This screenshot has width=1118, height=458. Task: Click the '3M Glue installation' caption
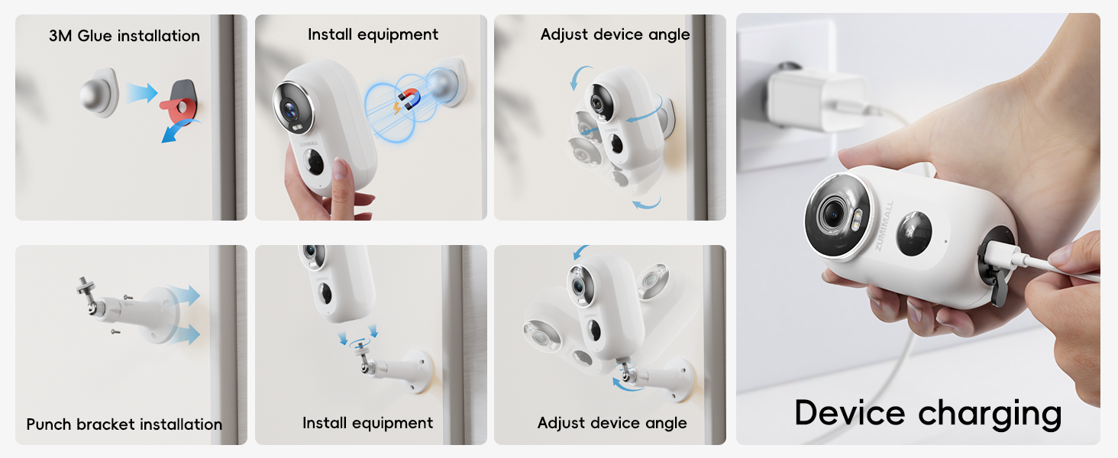click(124, 36)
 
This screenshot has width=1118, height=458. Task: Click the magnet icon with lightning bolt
click(408, 100)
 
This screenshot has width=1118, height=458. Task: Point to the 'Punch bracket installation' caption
click(124, 424)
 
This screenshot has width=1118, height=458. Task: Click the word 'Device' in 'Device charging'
click(850, 413)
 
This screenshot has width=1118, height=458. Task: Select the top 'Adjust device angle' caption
click(615, 34)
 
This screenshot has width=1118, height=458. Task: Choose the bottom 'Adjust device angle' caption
click(612, 423)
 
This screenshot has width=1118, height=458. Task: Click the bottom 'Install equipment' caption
click(367, 423)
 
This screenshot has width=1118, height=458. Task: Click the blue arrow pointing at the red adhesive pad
click(142, 94)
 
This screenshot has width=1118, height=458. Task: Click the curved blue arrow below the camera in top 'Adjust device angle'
click(647, 203)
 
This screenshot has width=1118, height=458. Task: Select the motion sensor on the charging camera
click(913, 234)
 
